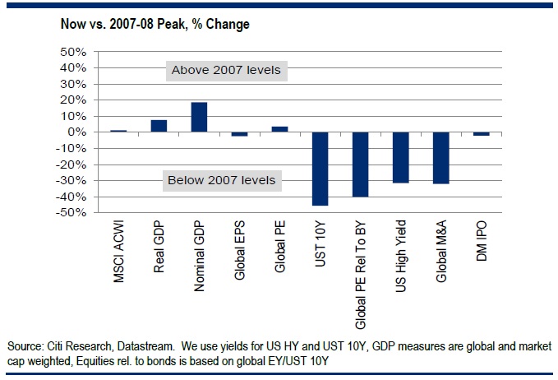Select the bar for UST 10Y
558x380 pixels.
[320, 169]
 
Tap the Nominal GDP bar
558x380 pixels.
[199, 117]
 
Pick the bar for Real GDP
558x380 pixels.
[159, 126]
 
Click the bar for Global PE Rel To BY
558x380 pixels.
[360, 165]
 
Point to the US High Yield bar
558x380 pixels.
[400, 157]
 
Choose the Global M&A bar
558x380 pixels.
[440, 158]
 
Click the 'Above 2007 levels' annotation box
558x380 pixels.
[226, 70]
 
